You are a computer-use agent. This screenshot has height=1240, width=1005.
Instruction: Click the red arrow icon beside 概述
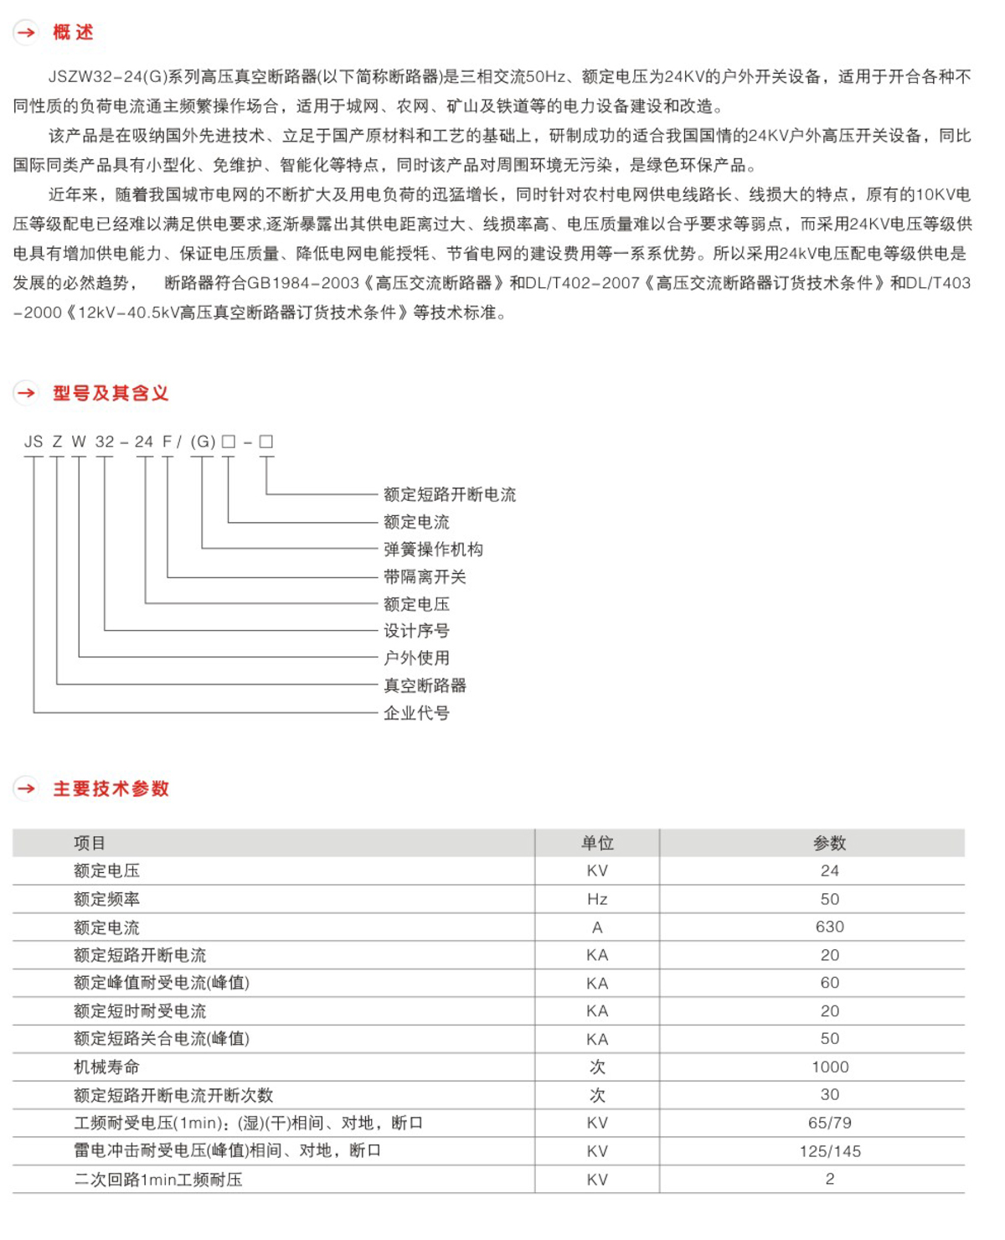(26, 33)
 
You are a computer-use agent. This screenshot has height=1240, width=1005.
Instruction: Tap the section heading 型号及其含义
(111, 393)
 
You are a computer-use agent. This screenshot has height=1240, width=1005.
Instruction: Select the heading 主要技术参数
(111, 788)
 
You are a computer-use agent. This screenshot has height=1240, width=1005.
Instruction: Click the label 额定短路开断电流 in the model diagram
(450, 494)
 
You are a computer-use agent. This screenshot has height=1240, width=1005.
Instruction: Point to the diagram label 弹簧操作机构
(433, 550)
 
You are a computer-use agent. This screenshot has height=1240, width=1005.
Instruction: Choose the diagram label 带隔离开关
(425, 576)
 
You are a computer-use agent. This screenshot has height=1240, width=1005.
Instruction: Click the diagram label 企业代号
(416, 713)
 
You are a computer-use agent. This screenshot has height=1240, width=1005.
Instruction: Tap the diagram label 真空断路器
(425, 685)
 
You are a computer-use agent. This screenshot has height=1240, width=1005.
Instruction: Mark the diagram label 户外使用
(416, 658)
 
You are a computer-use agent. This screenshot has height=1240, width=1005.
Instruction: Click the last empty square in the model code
(266, 442)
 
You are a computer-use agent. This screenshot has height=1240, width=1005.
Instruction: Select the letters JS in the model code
(33, 442)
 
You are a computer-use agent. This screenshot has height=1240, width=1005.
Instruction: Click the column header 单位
(597, 843)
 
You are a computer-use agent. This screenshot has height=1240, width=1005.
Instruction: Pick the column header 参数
(829, 843)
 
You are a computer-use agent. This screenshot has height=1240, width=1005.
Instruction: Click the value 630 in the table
(829, 927)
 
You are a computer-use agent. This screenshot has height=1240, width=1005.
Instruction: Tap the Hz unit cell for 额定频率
(597, 899)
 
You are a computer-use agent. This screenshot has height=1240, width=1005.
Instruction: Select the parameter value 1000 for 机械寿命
(829, 1067)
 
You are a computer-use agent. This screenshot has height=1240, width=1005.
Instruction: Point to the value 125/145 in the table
(829, 1151)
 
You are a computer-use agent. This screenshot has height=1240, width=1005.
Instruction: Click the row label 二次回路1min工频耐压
(158, 1180)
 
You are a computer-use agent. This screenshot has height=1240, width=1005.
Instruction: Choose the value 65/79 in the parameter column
(829, 1123)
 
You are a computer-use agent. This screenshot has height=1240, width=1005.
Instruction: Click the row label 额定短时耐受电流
(140, 1011)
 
